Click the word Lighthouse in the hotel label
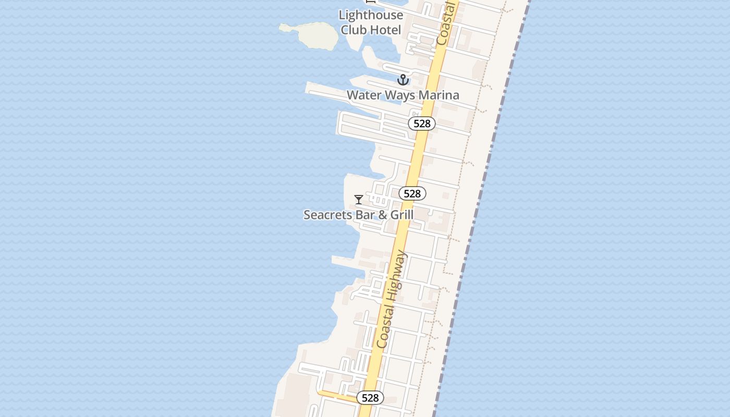371,16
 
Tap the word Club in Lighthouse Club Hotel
352,30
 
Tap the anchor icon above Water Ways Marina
403,80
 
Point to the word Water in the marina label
364,95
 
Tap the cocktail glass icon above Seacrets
359,200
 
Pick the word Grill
401,215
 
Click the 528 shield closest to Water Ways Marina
421,124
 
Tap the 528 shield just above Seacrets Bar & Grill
412,194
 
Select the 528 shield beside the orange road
370,398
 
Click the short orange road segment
336,396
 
